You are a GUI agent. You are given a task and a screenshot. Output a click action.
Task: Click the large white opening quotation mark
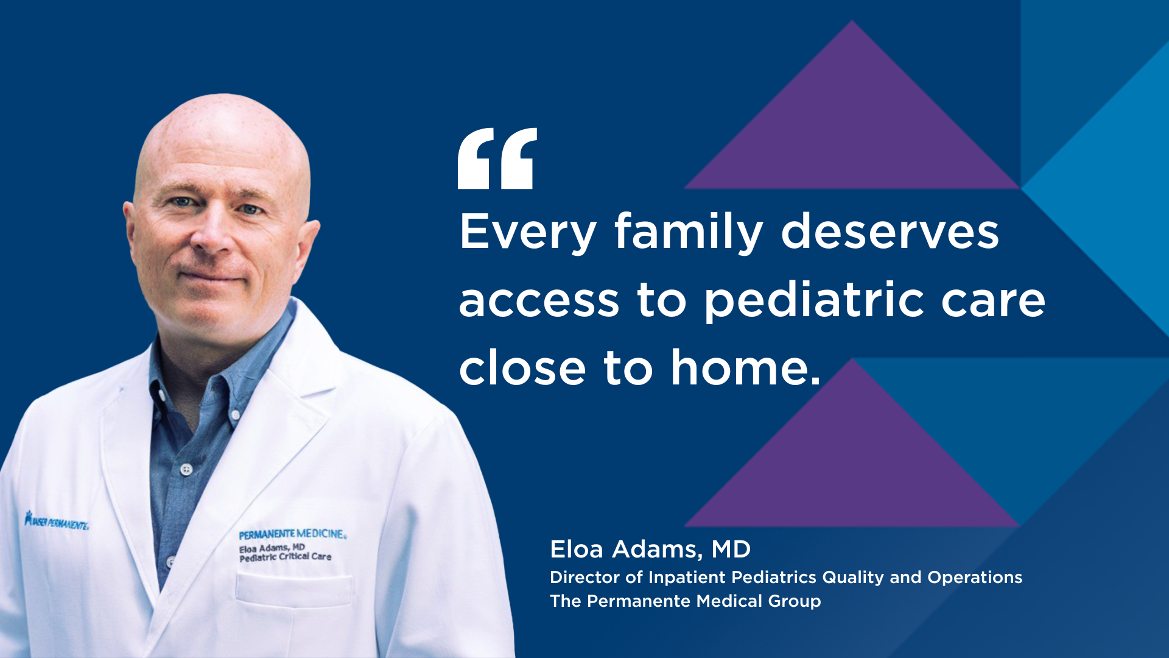click(x=497, y=158)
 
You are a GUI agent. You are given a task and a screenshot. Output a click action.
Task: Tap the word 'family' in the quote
click(x=689, y=232)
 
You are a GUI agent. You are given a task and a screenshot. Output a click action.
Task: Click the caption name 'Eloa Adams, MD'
click(x=650, y=550)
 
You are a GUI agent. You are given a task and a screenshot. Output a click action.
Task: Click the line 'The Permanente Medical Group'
click(x=686, y=601)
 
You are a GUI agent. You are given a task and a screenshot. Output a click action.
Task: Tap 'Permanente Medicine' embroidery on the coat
click(x=292, y=534)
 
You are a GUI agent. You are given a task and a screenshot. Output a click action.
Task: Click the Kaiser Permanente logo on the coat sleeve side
click(x=57, y=522)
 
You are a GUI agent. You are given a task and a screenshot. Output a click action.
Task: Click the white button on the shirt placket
click(x=186, y=469)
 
